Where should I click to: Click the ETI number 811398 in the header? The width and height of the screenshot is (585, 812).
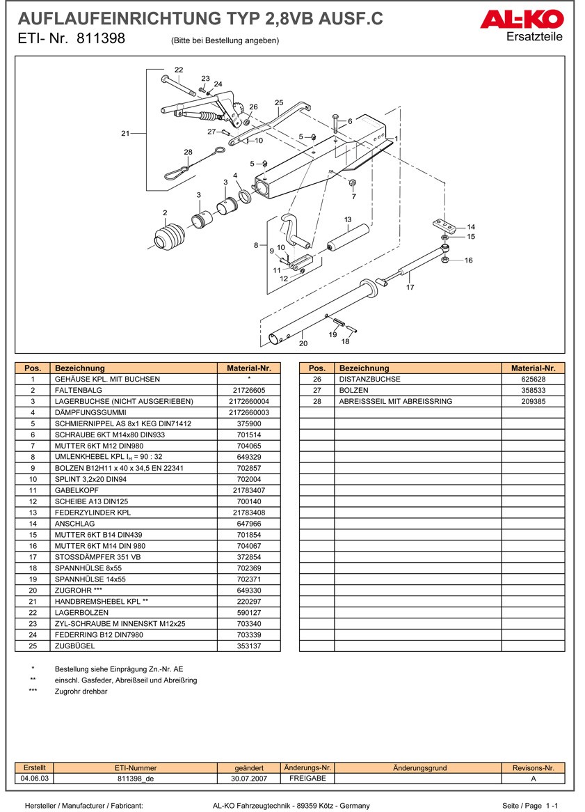(x=101, y=39)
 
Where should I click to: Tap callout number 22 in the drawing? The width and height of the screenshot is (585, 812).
(x=179, y=70)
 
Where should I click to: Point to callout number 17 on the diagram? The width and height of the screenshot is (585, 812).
(x=410, y=287)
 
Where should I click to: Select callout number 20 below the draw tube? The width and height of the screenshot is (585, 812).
(x=303, y=343)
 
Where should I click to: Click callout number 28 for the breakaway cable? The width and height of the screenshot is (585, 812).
(x=188, y=152)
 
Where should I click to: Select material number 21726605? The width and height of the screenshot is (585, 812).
(x=249, y=391)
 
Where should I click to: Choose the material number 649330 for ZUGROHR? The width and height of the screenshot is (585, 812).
(x=249, y=591)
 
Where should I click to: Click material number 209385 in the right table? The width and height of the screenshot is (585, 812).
(x=533, y=402)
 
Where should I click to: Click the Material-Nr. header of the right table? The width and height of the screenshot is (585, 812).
(x=533, y=368)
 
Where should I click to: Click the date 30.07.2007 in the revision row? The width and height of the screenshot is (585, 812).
(x=248, y=778)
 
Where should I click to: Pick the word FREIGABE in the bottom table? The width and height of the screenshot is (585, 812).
(x=307, y=778)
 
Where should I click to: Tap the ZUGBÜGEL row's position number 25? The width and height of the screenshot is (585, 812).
(x=33, y=646)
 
